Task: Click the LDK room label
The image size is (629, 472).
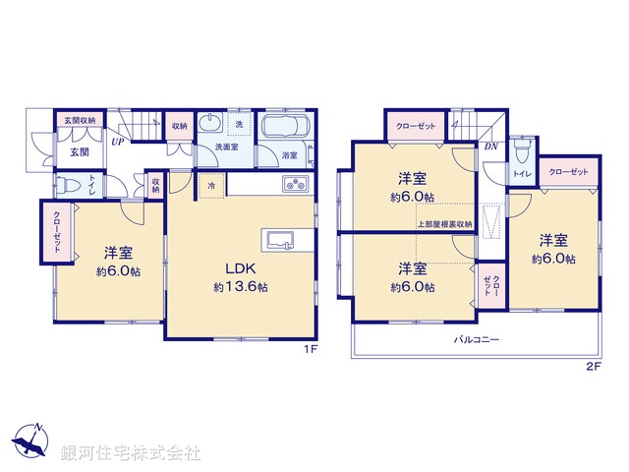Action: (241, 268)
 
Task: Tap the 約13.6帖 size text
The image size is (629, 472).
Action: (241, 287)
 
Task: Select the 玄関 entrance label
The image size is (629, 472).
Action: (80, 152)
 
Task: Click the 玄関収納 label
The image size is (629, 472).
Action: (80, 120)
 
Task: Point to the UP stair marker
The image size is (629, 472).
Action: (117, 141)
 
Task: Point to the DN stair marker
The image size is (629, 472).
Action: (489, 147)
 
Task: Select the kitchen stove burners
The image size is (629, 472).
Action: (296, 184)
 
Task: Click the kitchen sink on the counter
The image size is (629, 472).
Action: (279, 241)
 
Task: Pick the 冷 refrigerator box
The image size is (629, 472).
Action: (212, 185)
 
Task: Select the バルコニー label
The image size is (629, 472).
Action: (476, 339)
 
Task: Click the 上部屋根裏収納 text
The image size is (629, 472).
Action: (444, 224)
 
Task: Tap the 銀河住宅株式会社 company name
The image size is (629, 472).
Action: (131, 454)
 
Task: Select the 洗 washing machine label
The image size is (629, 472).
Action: (239, 124)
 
